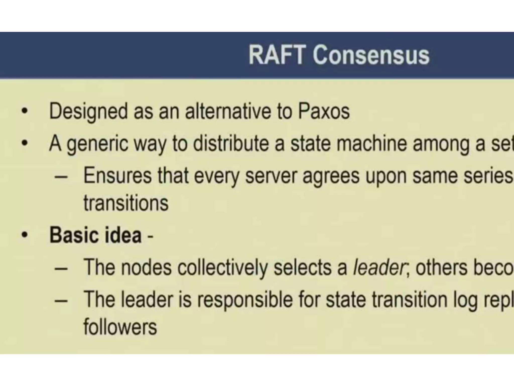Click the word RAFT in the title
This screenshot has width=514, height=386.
(x=277, y=55)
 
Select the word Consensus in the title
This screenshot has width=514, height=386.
(x=371, y=55)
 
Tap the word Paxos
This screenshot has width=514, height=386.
(x=324, y=111)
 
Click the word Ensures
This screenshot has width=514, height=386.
(x=117, y=176)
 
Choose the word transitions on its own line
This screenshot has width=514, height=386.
(x=126, y=203)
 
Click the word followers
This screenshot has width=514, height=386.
(x=120, y=327)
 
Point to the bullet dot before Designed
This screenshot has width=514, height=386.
(x=24, y=112)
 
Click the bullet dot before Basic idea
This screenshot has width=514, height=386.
(x=24, y=235)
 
